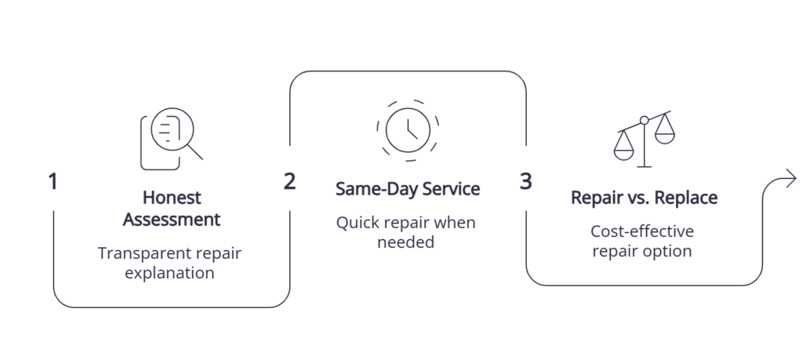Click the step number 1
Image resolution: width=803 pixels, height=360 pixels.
pos(53,182)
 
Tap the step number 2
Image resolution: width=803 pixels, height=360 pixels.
pos(289,181)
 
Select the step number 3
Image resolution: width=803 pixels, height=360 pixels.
pos(526,181)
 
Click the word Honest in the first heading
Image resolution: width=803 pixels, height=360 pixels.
pos(172,197)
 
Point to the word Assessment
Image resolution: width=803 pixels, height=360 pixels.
pos(172,219)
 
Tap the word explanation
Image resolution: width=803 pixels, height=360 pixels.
pos(169,273)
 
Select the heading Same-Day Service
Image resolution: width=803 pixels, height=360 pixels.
pos(408,188)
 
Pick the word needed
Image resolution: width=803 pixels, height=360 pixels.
pos(405,242)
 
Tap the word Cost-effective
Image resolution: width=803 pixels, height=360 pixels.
pos(642,231)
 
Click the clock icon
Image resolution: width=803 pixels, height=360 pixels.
pos(408,130)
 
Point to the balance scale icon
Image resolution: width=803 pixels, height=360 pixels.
pos(645,139)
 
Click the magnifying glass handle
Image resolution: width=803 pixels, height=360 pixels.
pos(195,152)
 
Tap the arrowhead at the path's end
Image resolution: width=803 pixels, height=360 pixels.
pos(791,179)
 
